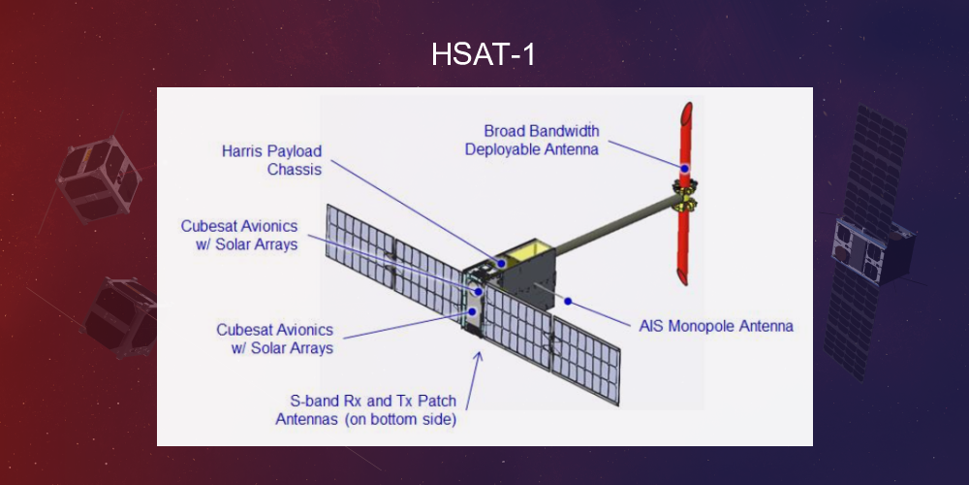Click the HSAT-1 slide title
[x=484, y=55]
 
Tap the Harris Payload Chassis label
[x=271, y=161]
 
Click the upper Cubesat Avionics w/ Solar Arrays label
[x=239, y=235]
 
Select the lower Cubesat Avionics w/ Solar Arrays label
[x=275, y=339]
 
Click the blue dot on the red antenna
[x=684, y=169]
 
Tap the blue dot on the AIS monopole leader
[x=569, y=301]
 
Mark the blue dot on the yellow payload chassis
[x=501, y=261]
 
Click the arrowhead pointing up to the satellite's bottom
[x=477, y=356]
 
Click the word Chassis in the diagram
[x=295, y=171]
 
